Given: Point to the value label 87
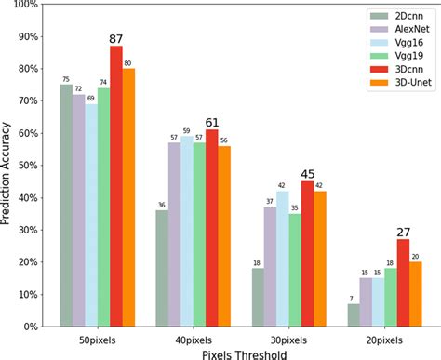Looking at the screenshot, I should point(116,38).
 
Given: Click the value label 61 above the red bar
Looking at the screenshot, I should point(213,122).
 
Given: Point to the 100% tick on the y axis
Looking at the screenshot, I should point(25,6).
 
